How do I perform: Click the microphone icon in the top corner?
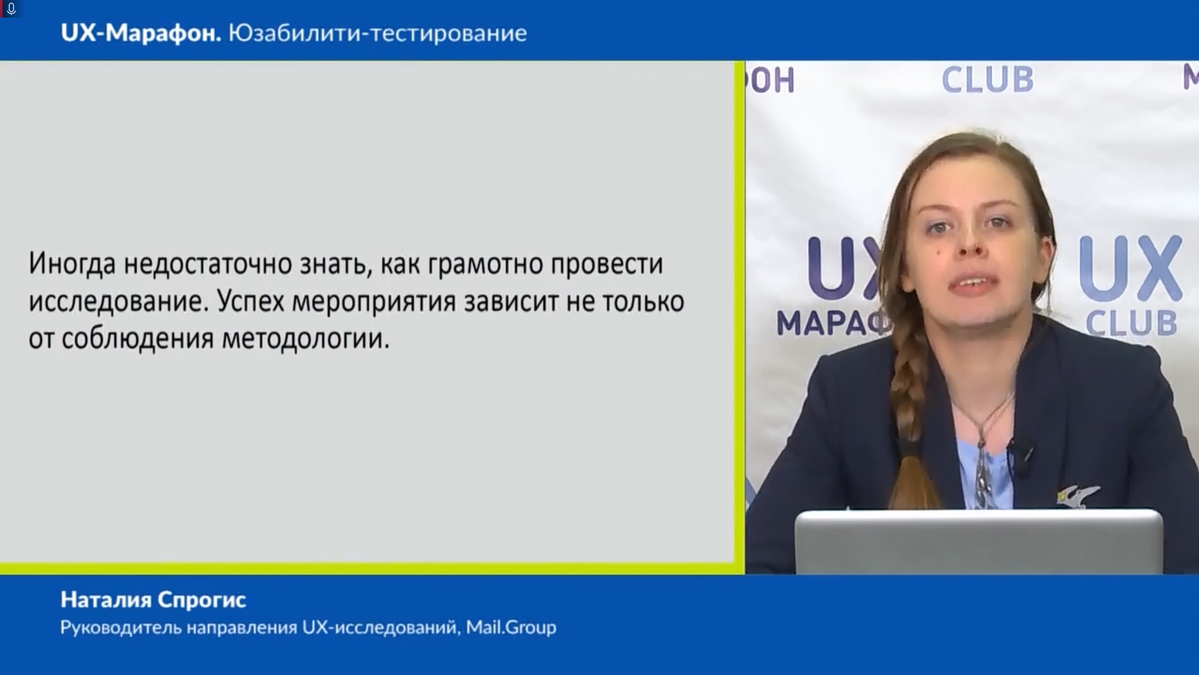click(11, 9)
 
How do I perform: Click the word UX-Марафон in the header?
click(141, 33)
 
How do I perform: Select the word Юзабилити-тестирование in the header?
click(378, 33)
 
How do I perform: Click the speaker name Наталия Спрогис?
click(154, 600)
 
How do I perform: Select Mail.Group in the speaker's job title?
click(511, 627)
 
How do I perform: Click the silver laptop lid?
click(979, 542)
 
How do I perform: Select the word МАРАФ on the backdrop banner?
click(833, 324)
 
